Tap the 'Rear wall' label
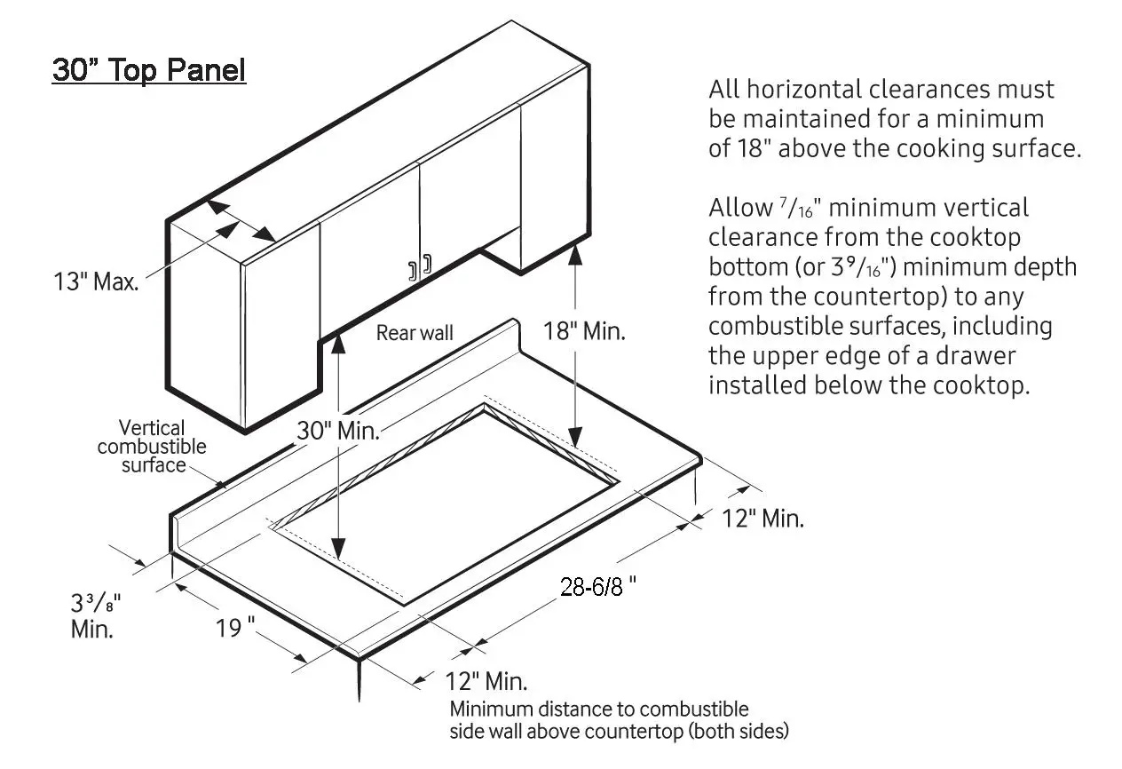point(415,333)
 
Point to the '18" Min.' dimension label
point(585,332)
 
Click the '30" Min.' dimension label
point(338,431)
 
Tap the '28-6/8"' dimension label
point(598,586)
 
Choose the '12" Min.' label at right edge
point(762,519)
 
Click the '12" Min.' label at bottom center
point(486,682)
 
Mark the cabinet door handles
point(420,267)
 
